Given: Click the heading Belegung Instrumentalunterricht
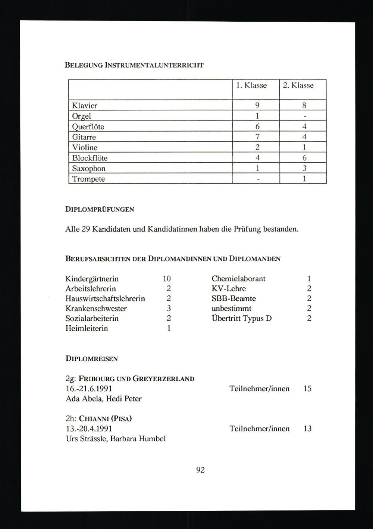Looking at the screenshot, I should tap(134, 65).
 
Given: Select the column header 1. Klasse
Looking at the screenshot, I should tap(251, 85).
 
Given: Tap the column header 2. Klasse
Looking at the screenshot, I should tap(298, 85).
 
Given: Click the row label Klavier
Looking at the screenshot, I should tap(85, 106).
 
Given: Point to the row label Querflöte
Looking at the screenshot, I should tap(88, 126).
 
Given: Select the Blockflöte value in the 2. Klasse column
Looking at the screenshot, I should tap(304, 158).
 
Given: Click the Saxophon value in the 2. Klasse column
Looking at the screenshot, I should tap(304, 168).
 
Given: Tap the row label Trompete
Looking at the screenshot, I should tap(88, 179).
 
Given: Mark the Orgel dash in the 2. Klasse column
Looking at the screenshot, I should tap(304, 116).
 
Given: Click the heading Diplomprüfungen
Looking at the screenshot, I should tap(100, 209).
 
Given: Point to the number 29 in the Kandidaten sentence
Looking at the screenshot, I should tap(86, 229).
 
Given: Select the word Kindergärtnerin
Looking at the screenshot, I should tap(92, 279).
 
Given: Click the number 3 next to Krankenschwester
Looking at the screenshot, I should tap(169, 309).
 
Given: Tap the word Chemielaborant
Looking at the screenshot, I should tap(238, 279).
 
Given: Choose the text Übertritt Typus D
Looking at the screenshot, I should tap(241, 319).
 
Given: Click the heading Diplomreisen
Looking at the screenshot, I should tap(91, 359).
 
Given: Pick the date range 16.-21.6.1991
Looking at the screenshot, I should tap(89, 389).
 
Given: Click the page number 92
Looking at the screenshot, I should tap(200, 470).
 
